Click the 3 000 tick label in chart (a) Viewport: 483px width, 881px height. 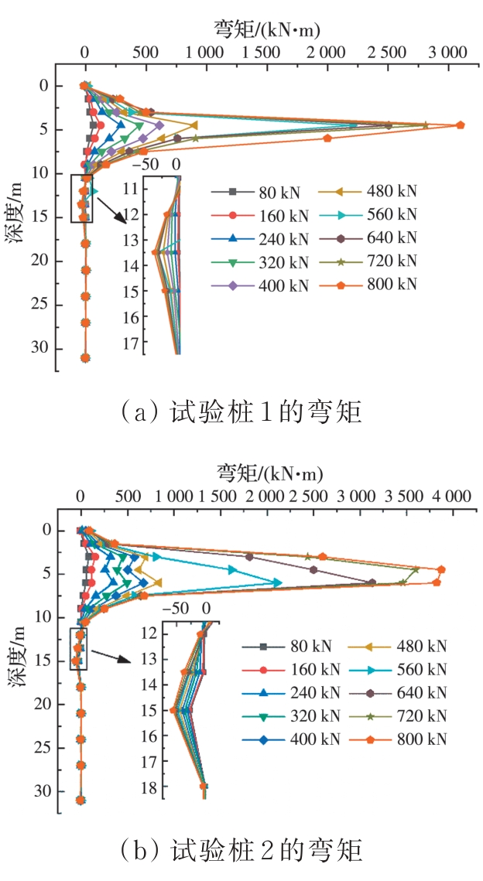pos(447,53)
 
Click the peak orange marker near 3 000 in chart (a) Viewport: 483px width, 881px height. pos(461,125)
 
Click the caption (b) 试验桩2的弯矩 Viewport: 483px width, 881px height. pos(241,852)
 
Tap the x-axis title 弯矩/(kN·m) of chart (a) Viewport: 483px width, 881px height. pos(266,29)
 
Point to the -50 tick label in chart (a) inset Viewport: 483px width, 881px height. pos(145,165)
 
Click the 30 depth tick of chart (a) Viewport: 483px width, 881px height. pos(43,349)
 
